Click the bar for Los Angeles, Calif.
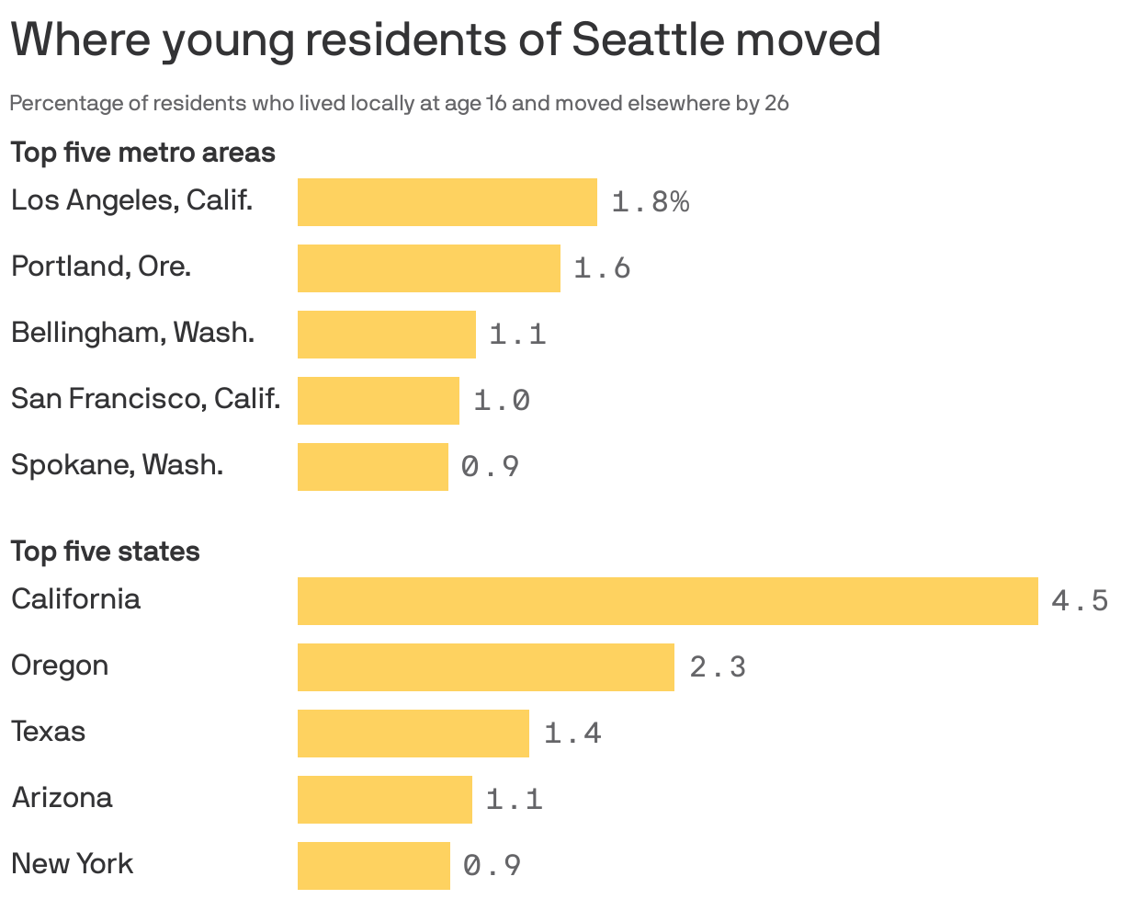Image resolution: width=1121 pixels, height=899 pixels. [x=447, y=202]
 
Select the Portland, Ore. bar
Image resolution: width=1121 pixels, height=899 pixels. [x=428, y=268]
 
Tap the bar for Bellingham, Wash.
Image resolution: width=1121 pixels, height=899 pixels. [x=386, y=335]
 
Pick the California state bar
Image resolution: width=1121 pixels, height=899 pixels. [x=667, y=601]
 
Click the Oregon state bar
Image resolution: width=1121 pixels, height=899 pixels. [x=485, y=667]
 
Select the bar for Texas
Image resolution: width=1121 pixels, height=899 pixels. [x=413, y=734]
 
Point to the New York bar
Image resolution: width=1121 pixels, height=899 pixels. [x=373, y=866]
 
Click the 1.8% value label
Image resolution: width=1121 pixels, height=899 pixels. [x=650, y=202]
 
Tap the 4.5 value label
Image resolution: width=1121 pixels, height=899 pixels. [x=1080, y=601]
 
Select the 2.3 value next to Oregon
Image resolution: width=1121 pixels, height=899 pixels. [x=718, y=667]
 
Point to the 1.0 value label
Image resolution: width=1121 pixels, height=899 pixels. [x=502, y=401]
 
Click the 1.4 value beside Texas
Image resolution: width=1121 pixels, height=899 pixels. [x=572, y=734]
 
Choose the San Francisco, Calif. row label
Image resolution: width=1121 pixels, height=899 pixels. [x=145, y=399]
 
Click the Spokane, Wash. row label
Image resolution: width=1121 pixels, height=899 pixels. [x=117, y=465]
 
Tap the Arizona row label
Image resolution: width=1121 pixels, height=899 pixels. [x=62, y=797]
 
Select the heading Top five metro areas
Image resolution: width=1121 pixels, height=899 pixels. [x=142, y=152]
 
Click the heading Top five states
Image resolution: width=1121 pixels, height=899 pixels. [x=105, y=552]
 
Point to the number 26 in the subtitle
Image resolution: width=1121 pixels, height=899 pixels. [x=776, y=103]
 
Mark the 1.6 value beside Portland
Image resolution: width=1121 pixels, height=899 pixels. [x=602, y=268]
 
